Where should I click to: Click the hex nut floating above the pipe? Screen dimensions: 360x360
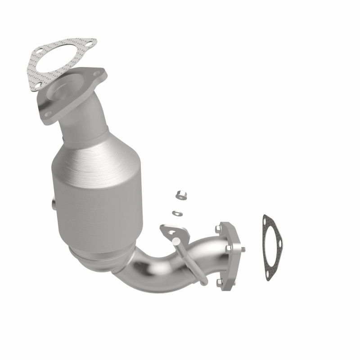[179, 195]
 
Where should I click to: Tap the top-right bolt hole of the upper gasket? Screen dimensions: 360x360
[89, 45]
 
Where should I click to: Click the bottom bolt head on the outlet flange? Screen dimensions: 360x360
[219, 282]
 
